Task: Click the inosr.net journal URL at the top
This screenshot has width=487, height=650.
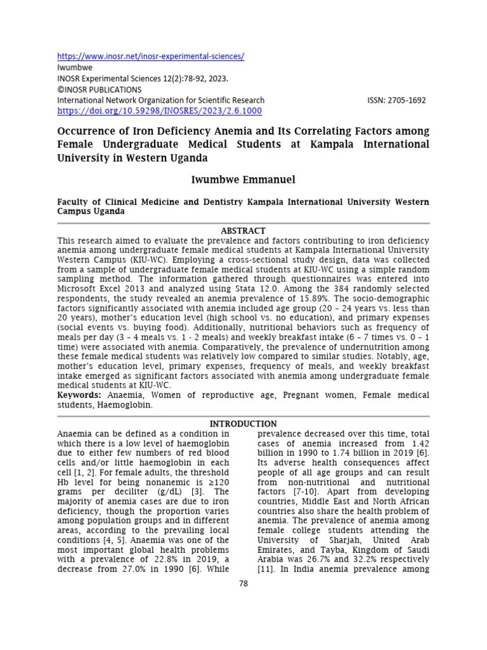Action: click(x=150, y=56)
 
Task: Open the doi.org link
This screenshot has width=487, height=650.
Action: click(x=159, y=110)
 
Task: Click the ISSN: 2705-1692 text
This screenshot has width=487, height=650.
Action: click(x=396, y=100)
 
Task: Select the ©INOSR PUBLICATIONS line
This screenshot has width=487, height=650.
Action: click(x=100, y=90)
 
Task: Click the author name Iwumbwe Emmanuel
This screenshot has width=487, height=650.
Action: click(x=243, y=180)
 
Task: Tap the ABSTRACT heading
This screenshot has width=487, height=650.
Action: click(x=243, y=230)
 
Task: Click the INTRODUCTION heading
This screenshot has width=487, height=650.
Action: click(x=243, y=423)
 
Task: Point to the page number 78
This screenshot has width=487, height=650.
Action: click(x=243, y=583)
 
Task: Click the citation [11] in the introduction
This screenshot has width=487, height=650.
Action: click(x=265, y=569)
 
